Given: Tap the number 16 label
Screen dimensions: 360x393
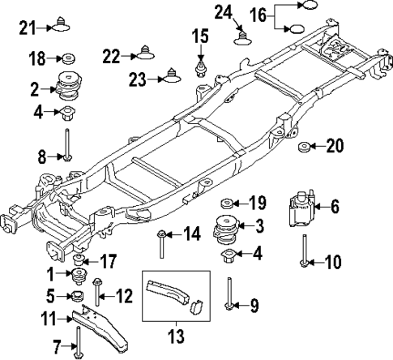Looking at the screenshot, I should [x=258, y=15].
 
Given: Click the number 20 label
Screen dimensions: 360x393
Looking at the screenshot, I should [x=334, y=147].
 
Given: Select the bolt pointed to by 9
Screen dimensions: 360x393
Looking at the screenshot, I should [x=232, y=293].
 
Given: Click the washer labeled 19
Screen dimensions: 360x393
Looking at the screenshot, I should [x=229, y=202].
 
